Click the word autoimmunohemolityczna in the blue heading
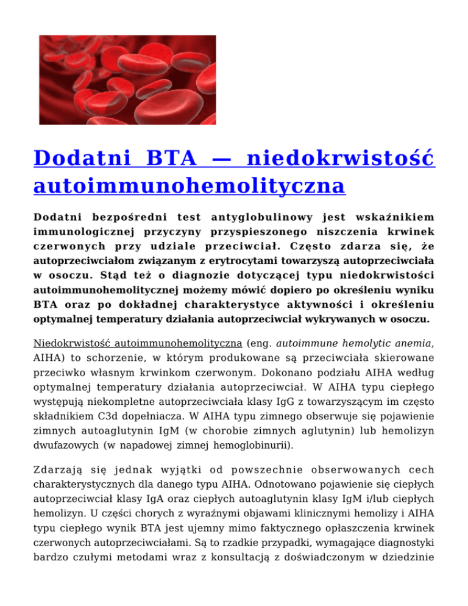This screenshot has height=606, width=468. coord(188,185)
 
